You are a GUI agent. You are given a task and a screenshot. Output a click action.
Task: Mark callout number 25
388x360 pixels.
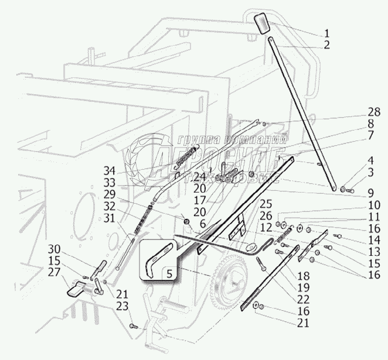pos(266,205)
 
